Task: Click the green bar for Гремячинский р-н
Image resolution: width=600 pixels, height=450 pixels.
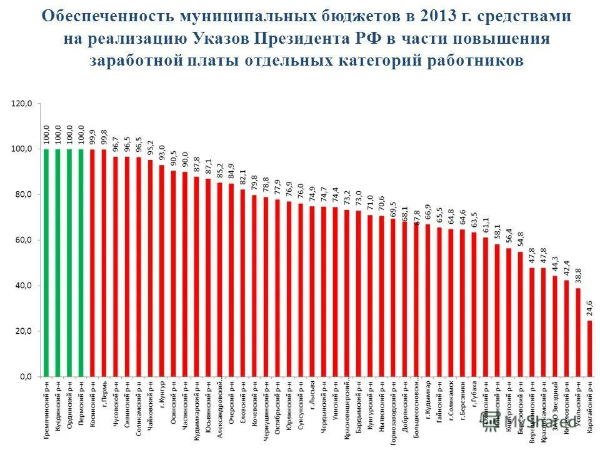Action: coord(46,262)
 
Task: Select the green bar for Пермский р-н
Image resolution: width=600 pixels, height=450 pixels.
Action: coord(81,262)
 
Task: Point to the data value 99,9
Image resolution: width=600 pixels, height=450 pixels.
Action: coord(92,137)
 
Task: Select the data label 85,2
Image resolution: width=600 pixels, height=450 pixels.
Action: coord(219,171)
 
